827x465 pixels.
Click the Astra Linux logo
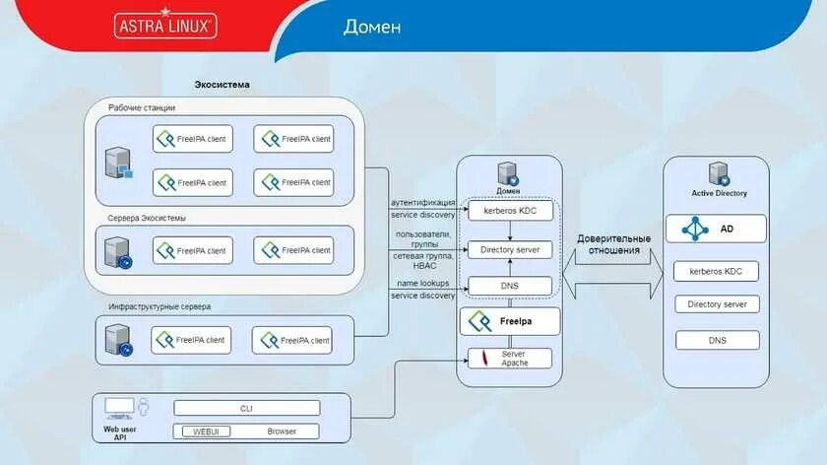tap(165, 25)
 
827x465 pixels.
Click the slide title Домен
tap(371, 27)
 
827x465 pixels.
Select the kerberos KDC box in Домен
tap(509, 211)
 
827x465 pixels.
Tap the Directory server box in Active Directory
tap(717, 304)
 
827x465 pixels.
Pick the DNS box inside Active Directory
tap(717, 341)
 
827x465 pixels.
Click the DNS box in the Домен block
tap(509, 286)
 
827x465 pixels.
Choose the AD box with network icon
tap(716, 229)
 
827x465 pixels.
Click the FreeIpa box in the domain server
tap(509, 321)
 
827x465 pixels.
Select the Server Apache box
tap(509, 359)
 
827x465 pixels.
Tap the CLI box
tap(247, 408)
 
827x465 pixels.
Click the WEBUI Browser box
tap(247, 432)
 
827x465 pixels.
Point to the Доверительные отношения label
tap(613, 244)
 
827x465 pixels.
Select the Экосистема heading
tap(222, 85)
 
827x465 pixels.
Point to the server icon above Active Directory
tap(717, 173)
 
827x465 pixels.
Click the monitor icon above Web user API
tap(119, 406)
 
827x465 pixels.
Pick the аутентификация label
tap(423, 202)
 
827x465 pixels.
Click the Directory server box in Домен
tap(509, 250)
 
